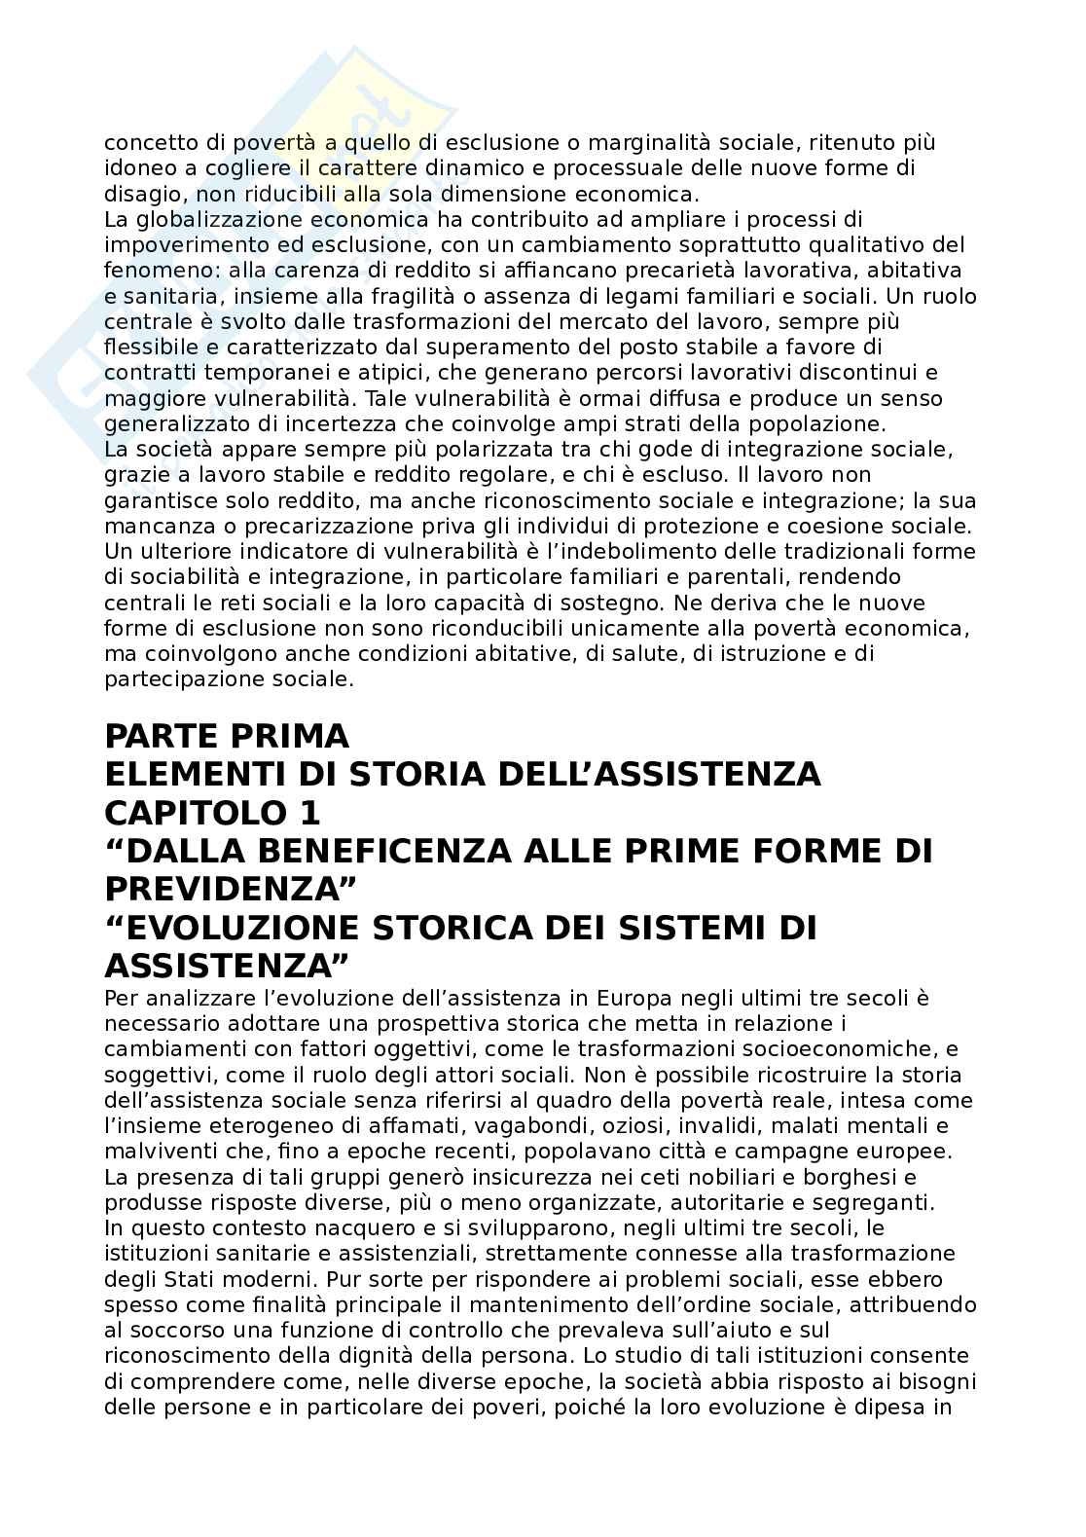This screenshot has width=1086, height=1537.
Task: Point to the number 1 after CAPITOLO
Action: [308, 813]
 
